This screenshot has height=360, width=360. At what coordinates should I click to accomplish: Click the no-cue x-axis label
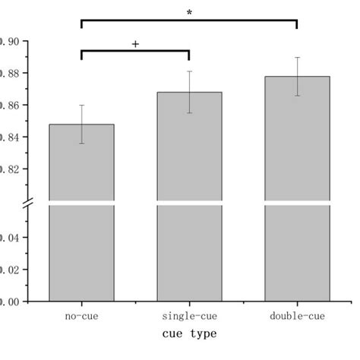(81, 314)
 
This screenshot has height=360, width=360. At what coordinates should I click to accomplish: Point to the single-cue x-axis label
(189, 314)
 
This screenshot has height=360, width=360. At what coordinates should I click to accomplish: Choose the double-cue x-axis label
(297, 314)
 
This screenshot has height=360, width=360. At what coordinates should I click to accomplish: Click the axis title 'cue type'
(189, 333)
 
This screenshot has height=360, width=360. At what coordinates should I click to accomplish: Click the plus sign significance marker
(135, 44)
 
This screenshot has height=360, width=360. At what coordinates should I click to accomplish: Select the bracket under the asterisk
(189, 21)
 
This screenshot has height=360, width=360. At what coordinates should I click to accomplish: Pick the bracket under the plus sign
(135, 52)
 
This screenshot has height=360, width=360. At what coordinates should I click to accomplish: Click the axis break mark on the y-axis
(27, 203)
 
